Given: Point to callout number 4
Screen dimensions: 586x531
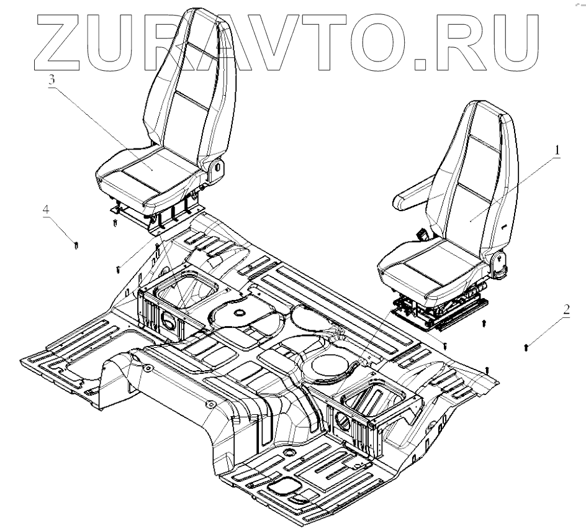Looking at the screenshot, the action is point(46,211).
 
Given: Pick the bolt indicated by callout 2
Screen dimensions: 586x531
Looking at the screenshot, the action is point(527,345).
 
